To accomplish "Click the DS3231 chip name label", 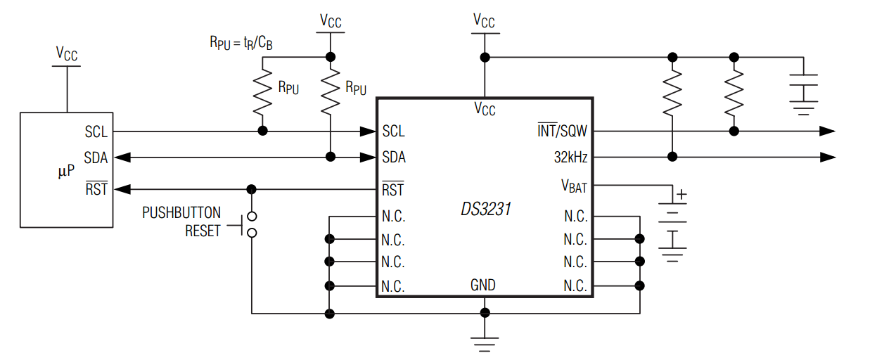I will click(485, 209).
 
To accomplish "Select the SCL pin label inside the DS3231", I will click(393, 131).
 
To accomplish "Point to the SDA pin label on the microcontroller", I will click(96, 157).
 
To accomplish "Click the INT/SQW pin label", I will click(563, 131).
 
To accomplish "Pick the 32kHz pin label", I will click(570, 157).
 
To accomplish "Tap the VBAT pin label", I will click(573, 186).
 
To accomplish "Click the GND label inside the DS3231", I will click(483, 285).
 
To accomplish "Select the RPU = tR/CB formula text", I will click(241, 43).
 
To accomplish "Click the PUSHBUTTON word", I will click(181, 212).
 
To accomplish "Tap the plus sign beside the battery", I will click(681, 195).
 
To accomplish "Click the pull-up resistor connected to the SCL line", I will click(263, 93).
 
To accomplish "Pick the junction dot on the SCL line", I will click(263, 131).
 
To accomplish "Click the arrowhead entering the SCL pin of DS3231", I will click(367, 131).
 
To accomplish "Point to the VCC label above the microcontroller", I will click(67, 53).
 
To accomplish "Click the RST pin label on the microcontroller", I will click(96, 188).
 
